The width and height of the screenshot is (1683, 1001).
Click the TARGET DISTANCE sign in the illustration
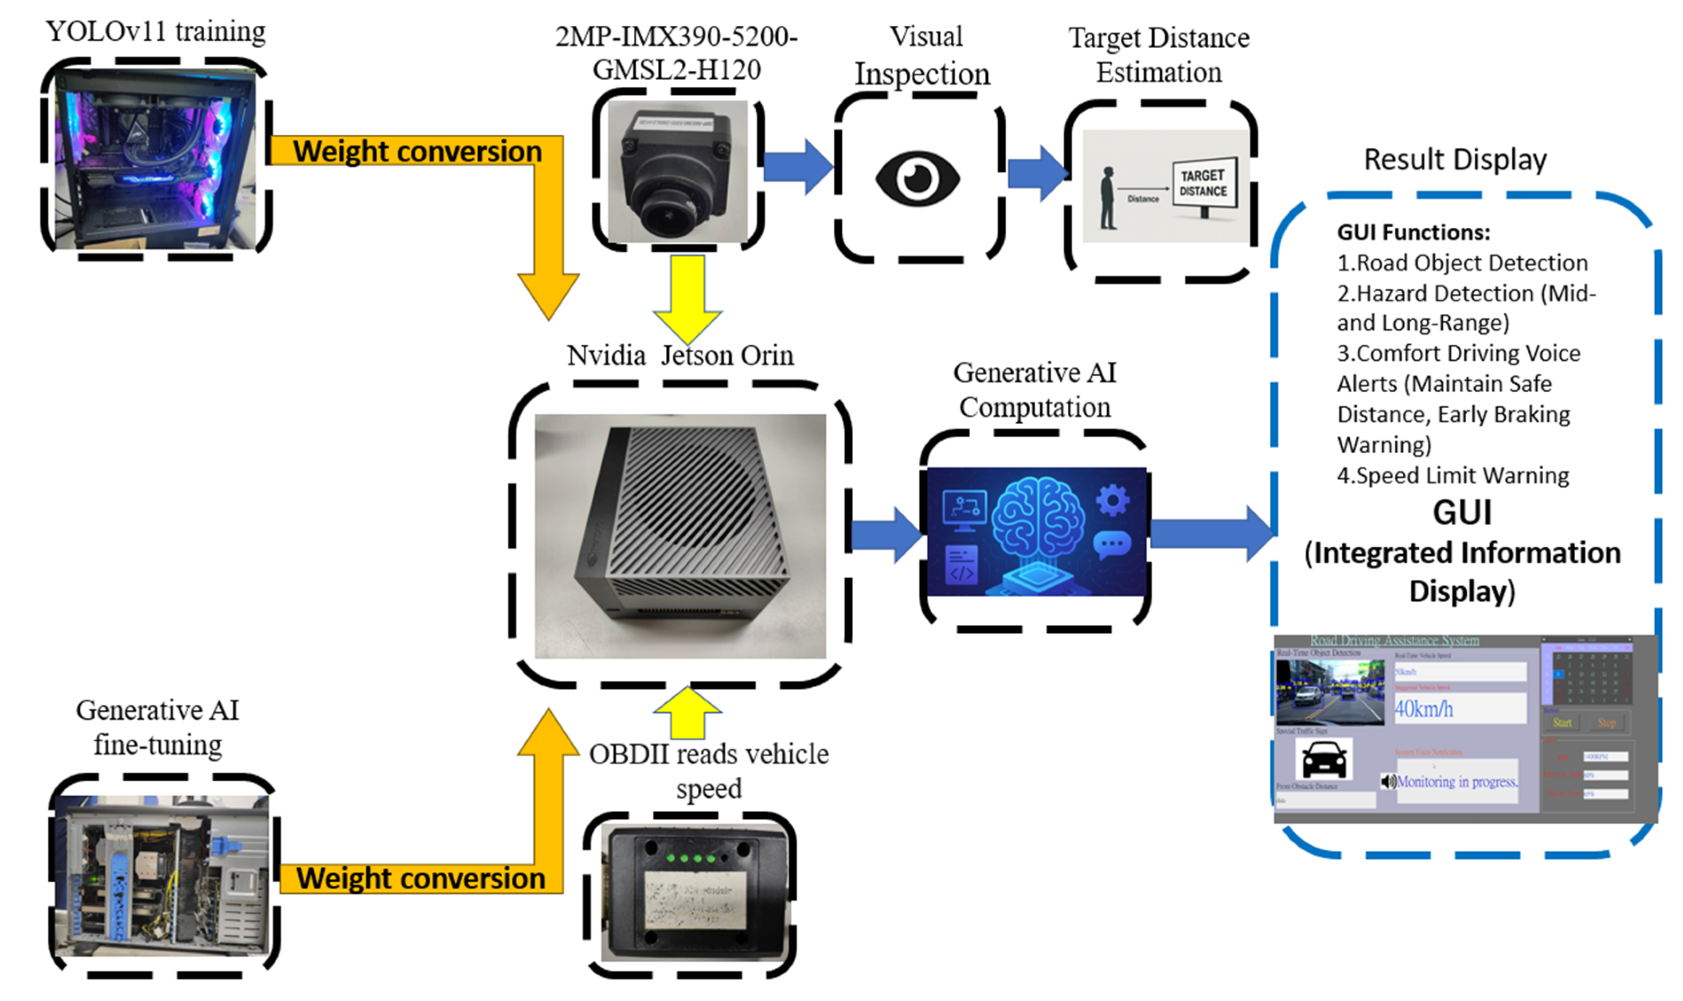pos(1203,183)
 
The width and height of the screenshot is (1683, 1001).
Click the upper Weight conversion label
pos(417,151)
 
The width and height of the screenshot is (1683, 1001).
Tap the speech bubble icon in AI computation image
pos(1111,544)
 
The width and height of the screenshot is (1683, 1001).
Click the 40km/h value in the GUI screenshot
pos(1423,709)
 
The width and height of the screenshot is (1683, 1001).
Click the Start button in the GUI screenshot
pos(1562,722)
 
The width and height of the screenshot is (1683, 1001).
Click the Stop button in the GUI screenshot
pos(1606,722)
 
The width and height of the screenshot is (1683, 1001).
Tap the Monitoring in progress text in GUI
pos(1457,782)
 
